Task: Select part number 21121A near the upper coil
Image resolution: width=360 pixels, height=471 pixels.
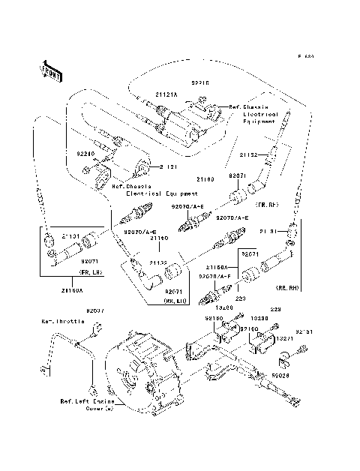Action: point(166,94)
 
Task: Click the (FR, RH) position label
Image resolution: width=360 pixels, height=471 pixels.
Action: point(266,204)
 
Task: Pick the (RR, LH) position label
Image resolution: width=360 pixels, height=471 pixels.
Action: point(175,299)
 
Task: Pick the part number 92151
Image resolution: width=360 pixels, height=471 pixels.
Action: point(304,329)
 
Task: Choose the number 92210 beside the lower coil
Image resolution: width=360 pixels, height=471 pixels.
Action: point(86,153)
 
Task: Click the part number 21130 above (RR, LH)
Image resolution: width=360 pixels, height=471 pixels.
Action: point(157,263)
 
